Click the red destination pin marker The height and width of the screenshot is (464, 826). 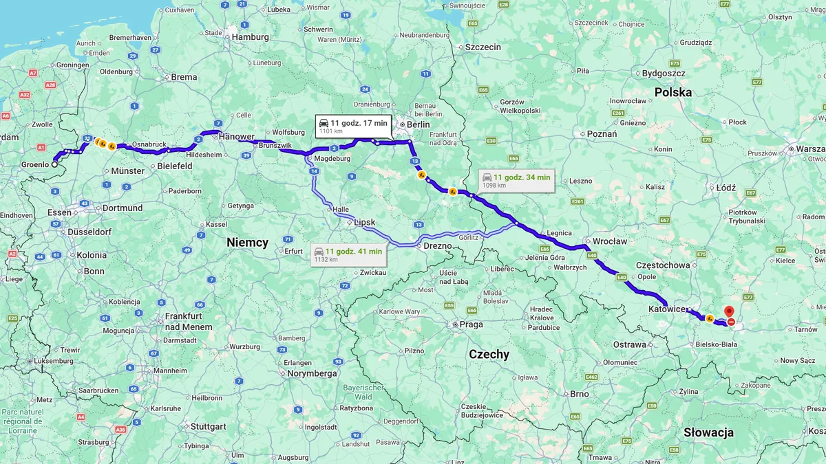(x=729, y=311)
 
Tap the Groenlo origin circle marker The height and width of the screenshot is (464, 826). (x=55, y=164)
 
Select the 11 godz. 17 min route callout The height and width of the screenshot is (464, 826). (x=353, y=126)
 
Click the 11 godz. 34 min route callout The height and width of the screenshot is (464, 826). (x=516, y=180)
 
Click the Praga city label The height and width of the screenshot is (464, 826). (x=472, y=324)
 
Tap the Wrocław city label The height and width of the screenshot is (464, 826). (x=610, y=241)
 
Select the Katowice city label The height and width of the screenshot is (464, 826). (x=667, y=309)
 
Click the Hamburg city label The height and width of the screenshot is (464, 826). (x=250, y=37)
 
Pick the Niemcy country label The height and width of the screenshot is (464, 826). (x=247, y=243)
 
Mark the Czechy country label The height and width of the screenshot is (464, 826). (x=489, y=355)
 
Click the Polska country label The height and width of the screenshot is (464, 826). (x=673, y=92)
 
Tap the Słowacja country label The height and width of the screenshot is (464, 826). (x=708, y=432)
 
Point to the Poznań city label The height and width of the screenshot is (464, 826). (x=602, y=134)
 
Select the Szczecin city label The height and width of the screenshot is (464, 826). (x=483, y=47)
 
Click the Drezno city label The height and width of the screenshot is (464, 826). (x=438, y=246)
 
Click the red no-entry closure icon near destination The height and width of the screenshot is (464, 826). (x=730, y=322)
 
